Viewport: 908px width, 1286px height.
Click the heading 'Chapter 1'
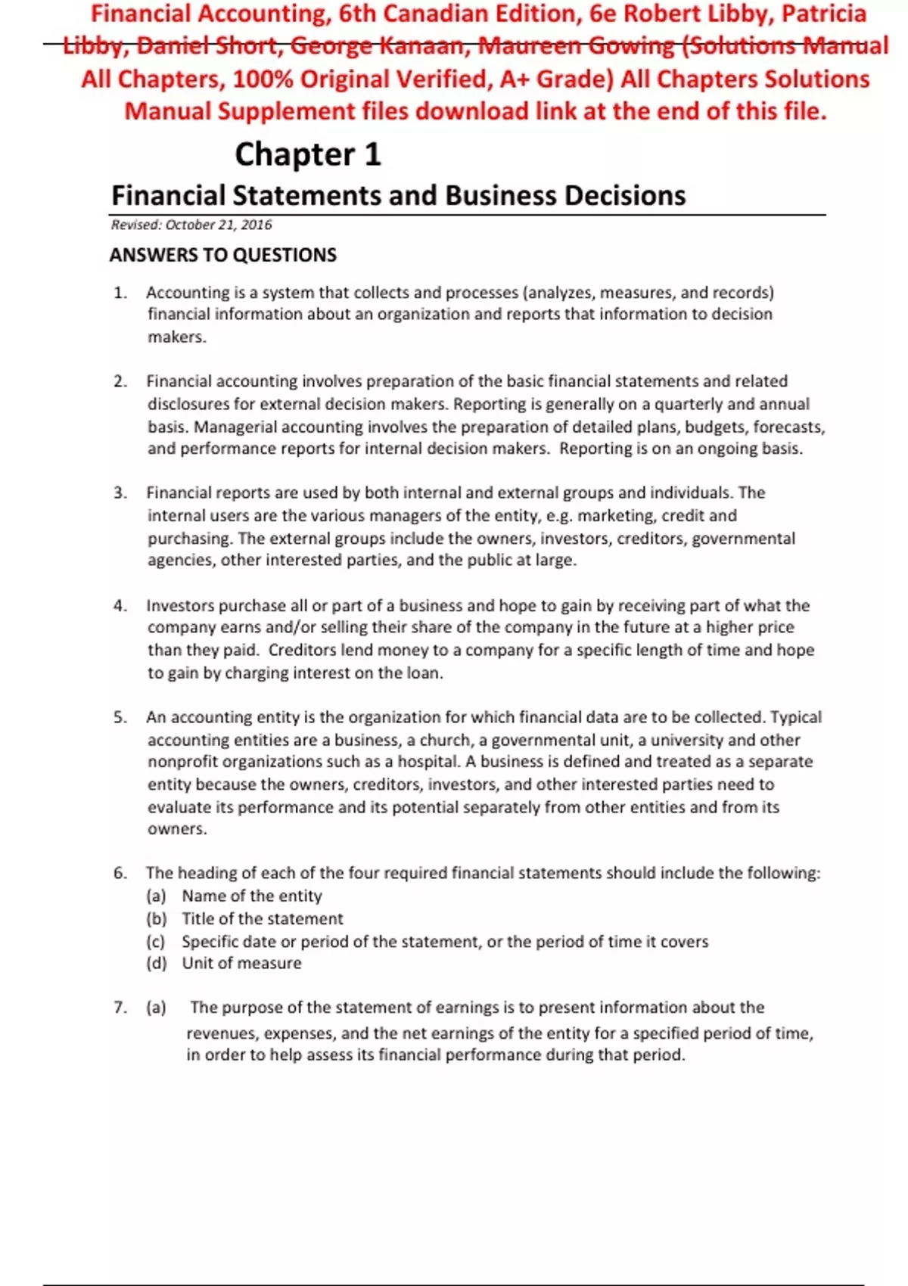click(307, 154)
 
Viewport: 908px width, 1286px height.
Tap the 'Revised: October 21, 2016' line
click(191, 225)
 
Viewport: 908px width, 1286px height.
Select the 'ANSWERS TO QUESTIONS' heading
click(223, 255)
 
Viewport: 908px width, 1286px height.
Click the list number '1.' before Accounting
click(120, 293)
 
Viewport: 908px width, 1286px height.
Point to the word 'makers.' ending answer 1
click(176, 337)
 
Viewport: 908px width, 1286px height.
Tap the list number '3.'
click(120, 493)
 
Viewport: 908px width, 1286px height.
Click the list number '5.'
click(120, 717)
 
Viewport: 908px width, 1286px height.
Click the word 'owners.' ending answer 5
click(176, 829)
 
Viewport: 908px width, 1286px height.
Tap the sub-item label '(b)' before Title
click(157, 919)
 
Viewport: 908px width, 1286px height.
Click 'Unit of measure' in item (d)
click(241, 963)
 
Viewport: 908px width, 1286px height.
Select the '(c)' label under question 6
click(156, 942)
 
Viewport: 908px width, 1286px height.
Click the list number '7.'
click(120, 1008)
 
